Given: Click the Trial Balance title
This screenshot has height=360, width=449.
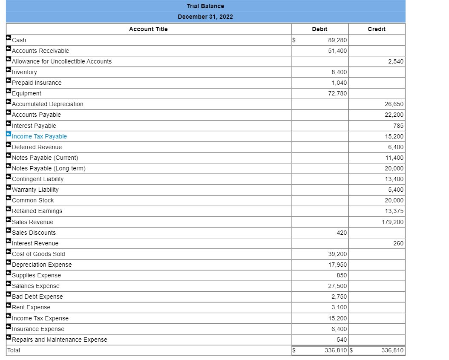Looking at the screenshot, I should coord(205,6).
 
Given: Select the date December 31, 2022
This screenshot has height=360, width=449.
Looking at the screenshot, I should coord(205,17).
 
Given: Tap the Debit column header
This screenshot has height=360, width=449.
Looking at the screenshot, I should coord(319,29).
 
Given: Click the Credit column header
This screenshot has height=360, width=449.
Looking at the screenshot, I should coord(377,29).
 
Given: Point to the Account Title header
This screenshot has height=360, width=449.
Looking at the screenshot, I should coord(148,29).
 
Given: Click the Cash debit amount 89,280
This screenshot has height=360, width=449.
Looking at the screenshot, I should coord(337,40).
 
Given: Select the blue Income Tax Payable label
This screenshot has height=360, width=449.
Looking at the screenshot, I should coord(39,136).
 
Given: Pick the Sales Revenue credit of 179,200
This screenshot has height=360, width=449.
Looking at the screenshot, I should coord(393,222).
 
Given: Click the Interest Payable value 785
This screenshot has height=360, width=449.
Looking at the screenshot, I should coord(398,126).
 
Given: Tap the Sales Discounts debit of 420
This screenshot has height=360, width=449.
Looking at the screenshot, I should coord(342,233).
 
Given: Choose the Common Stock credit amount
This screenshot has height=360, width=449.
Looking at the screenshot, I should coord(394,200).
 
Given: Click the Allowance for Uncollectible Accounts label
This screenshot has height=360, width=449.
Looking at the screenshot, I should coord(62,61).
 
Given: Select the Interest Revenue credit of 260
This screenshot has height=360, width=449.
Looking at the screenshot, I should coord(398,243).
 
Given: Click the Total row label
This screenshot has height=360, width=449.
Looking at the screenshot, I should coord(14,350).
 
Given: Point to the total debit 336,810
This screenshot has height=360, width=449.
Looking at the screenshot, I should coord(336,350).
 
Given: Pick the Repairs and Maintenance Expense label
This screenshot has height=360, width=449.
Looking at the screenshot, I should coord(60,340).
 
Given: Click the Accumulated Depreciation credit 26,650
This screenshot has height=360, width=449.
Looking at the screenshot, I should coord(394,104).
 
